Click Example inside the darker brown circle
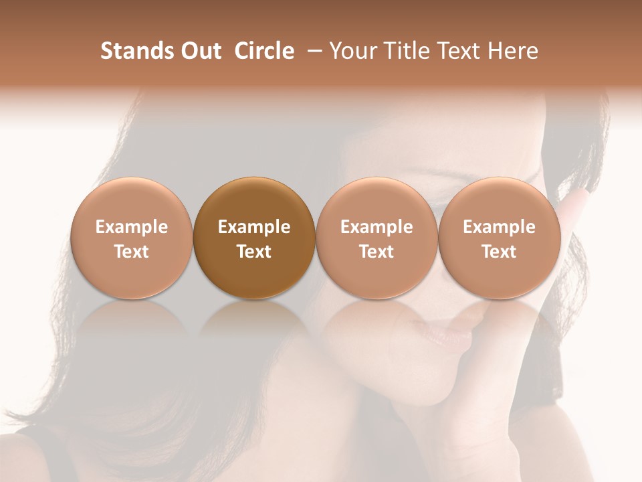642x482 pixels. tap(254, 227)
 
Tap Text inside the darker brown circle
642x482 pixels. tap(254, 252)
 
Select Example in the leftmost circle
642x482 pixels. tap(132, 227)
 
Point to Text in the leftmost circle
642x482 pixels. tap(132, 252)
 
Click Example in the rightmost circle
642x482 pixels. tap(499, 227)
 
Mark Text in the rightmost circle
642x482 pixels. tap(499, 252)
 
